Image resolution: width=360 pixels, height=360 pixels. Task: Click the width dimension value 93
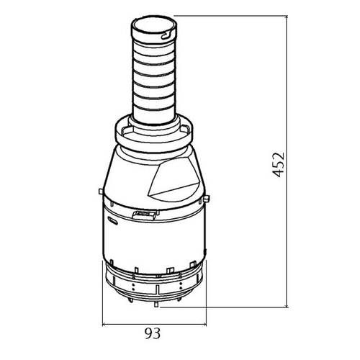coord(151,334)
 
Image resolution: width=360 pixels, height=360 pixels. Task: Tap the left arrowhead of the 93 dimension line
coord(105,324)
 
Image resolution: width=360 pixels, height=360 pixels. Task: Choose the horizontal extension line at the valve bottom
coord(230,305)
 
